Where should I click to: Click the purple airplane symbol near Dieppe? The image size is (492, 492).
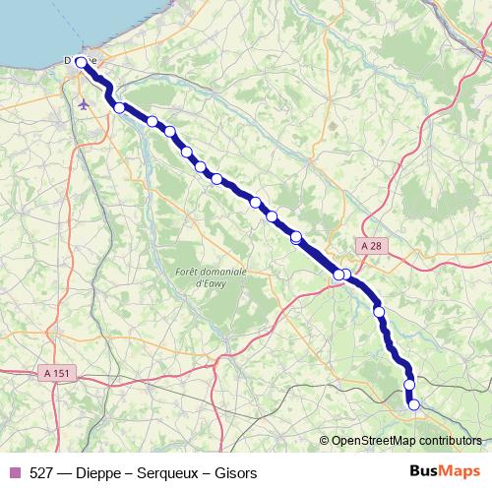(84, 102)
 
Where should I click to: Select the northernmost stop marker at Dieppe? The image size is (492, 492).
(81, 63)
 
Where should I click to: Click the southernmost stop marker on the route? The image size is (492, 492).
(414, 404)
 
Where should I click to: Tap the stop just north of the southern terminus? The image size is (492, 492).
(409, 384)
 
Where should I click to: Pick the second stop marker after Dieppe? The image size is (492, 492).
(153, 121)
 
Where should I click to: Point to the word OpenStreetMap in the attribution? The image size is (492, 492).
(373, 441)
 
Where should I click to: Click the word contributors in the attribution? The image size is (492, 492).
(449, 441)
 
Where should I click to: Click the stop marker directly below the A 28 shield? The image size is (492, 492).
(345, 275)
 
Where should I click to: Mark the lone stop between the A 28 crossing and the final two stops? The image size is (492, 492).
(379, 312)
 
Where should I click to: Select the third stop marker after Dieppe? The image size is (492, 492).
(169, 131)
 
